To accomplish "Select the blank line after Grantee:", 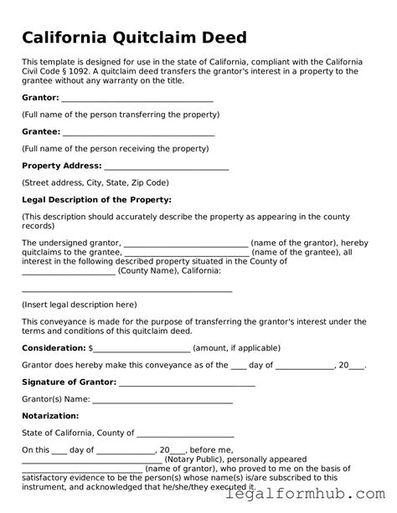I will (x=139, y=132).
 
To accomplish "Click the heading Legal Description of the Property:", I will (x=96, y=199).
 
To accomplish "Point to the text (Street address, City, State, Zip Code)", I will (x=95, y=182).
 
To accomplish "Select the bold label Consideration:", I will (x=54, y=347).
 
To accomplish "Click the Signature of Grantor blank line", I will (x=187, y=382).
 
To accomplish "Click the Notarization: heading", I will (x=50, y=415).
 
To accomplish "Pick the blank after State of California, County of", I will (x=185, y=433).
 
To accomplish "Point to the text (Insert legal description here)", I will (x=79, y=305).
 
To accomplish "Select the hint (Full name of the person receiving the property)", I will (x=115, y=148).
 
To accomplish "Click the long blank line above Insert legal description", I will (x=126, y=289).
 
